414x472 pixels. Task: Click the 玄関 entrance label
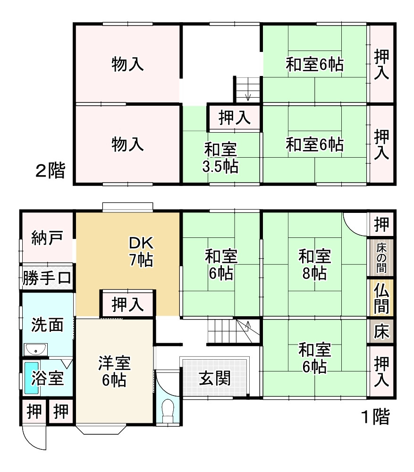(x=215, y=378)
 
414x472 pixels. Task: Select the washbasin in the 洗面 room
(x=35, y=350)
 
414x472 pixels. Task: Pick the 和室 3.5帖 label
(x=220, y=158)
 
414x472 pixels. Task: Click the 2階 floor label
(x=50, y=170)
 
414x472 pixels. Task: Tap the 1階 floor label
(x=375, y=417)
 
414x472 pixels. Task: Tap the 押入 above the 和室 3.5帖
(x=234, y=117)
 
